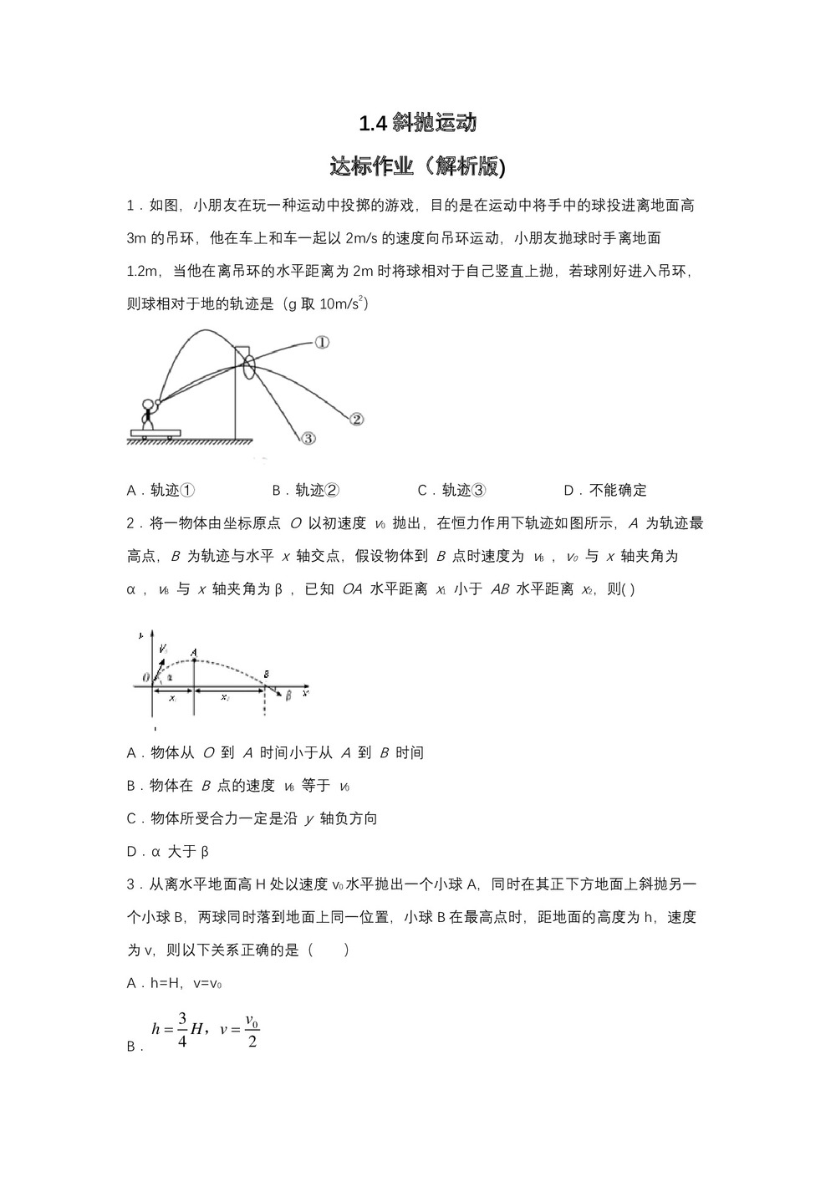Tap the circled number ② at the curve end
coord(355,420)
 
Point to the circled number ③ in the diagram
coord(308,438)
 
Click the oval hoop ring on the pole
coord(249,369)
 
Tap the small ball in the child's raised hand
coord(157,401)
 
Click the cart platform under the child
coord(155,432)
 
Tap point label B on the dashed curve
coord(266,674)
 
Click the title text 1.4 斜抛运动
coord(418,124)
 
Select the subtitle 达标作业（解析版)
coord(418,166)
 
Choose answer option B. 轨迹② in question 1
coord(305,491)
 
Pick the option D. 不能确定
coord(605,491)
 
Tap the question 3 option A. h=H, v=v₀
coord(174,984)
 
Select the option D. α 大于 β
coord(167,852)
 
